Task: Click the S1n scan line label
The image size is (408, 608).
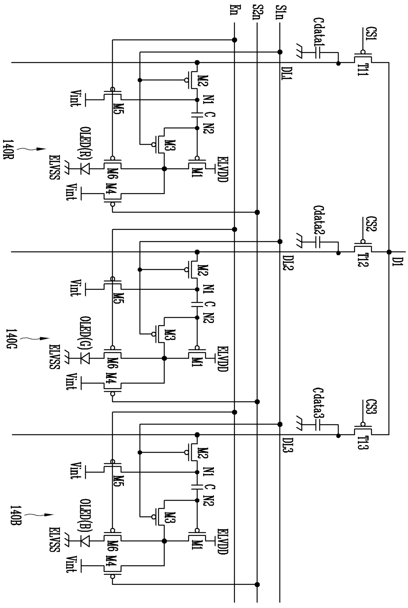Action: click(280, 12)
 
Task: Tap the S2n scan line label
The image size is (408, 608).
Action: click(257, 12)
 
